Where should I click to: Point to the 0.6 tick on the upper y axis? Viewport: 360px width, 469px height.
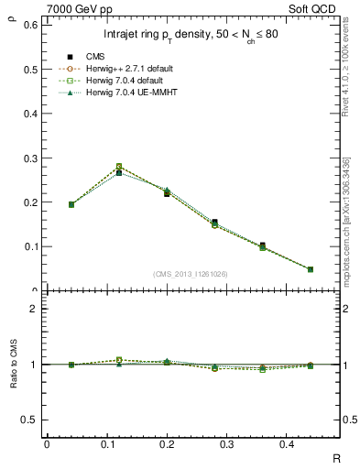[x=31, y=25]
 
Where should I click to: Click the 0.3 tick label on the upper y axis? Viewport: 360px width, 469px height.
[x=31, y=158]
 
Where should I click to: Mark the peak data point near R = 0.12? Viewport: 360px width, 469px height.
[x=119, y=169]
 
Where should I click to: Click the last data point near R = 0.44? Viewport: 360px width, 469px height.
[x=310, y=269]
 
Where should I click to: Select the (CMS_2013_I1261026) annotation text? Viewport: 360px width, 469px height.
[x=191, y=274]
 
